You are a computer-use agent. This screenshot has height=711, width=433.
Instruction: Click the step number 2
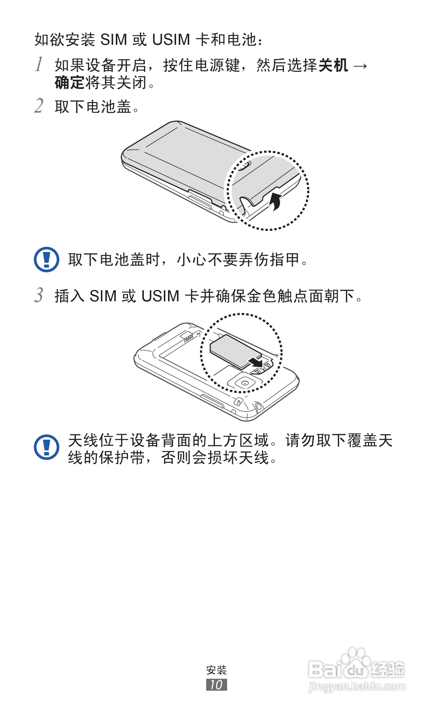39,106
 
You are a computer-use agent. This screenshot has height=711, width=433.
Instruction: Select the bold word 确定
70,83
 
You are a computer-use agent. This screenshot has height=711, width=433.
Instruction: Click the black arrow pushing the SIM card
256,362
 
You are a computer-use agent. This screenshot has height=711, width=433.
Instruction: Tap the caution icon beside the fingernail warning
47,259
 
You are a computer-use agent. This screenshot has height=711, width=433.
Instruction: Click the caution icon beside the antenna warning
47,447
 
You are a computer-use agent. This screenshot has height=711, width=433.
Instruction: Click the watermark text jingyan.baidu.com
357,686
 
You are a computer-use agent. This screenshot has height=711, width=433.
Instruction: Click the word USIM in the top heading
171,39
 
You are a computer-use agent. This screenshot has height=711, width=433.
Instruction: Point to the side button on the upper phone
200,201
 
